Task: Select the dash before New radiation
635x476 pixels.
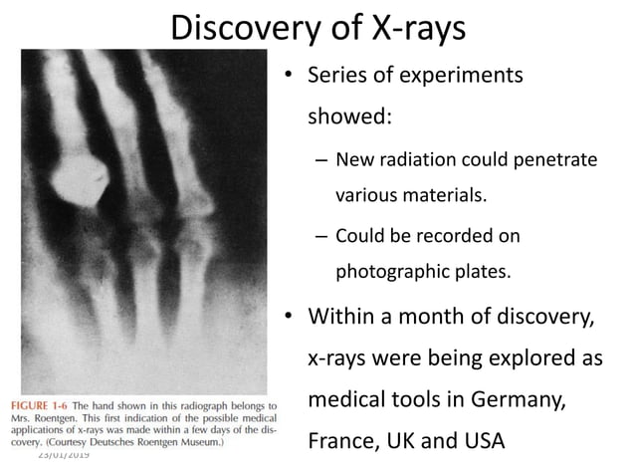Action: pos(319,159)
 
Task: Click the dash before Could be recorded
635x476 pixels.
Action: pos(319,236)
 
